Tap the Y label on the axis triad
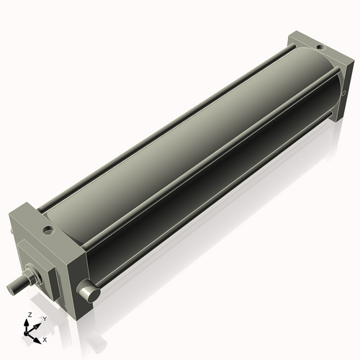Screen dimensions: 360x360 tap(44, 318)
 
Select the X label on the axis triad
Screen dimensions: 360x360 tap(45, 338)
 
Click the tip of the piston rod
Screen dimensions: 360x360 tap(12, 287)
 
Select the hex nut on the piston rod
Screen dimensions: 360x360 tap(32, 276)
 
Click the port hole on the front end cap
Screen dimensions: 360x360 tap(48, 232)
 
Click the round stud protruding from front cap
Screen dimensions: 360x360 tap(89, 294)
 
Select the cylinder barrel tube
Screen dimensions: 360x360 tap(180, 144)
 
